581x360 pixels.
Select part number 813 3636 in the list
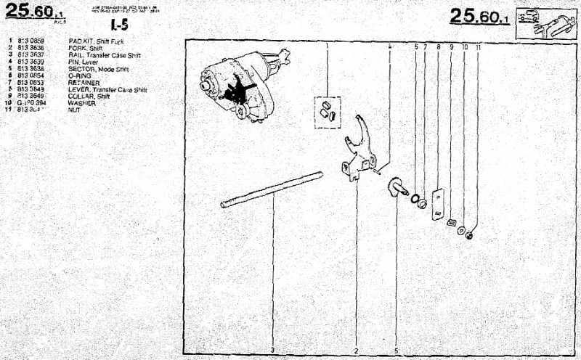32,49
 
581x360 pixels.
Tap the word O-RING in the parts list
79,75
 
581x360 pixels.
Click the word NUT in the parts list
74,110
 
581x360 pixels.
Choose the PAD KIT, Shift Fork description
97,42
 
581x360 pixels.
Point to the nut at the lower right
469,235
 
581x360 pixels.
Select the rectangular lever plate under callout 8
437,204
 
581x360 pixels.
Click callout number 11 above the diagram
478,46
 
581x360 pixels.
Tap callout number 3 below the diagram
272,350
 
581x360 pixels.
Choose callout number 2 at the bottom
356,350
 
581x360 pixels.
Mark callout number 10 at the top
464,46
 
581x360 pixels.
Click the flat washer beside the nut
460,230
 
